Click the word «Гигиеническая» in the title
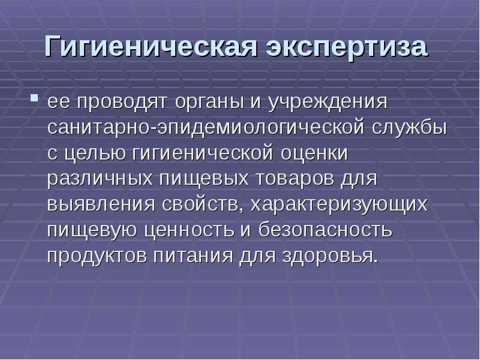tap(151, 47)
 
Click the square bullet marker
tap(34, 98)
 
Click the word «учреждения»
tap(328, 103)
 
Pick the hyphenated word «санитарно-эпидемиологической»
tap(206, 128)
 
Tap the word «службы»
tap(410, 128)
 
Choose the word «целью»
tap(95, 154)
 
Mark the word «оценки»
tap(314, 154)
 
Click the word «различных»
tap(100, 179)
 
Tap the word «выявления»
tap(101, 205)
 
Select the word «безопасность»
tap(325, 230)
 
